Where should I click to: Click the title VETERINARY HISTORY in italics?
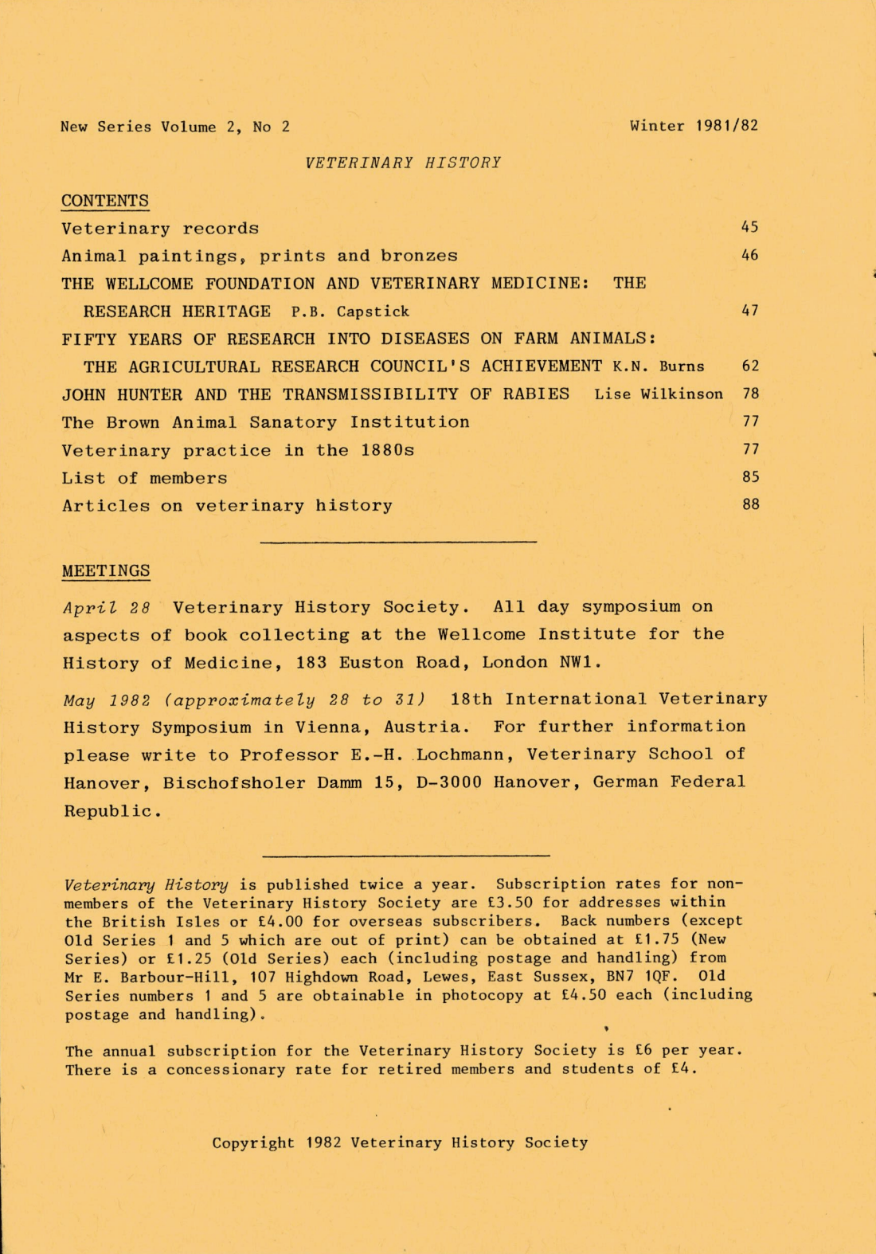(x=403, y=163)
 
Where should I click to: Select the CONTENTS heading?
(x=105, y=201)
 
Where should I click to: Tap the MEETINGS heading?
(x=106, y=571)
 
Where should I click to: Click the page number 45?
(x=749, y=227)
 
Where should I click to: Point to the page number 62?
(x=750, y=366)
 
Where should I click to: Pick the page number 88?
(x=750, y=504)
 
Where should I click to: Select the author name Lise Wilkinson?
(x=659, y=394)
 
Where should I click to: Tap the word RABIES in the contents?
(x=542, y=394)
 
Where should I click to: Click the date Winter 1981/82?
(x=694, y=126)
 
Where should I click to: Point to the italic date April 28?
(x=107, y=608)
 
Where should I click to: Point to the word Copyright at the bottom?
(x=252, y=1142)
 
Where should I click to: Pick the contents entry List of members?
(x=145, y=478)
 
